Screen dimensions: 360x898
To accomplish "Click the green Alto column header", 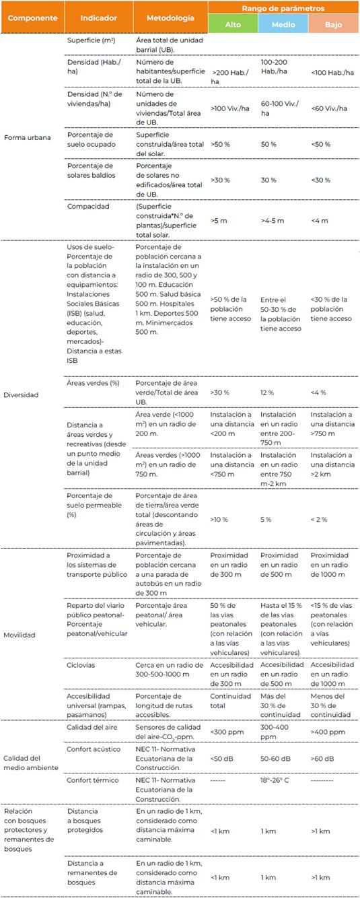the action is click(232, 24).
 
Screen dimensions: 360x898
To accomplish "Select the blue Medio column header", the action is click(283, 24).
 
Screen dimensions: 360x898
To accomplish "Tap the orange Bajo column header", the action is click(333, 24).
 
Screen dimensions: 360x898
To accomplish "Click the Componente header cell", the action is click(32, 18).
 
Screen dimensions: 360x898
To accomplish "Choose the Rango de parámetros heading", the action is click(283, 8).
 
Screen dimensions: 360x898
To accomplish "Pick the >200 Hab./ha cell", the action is click(227, 76).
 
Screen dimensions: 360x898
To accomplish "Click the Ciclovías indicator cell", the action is click(83, 664).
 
